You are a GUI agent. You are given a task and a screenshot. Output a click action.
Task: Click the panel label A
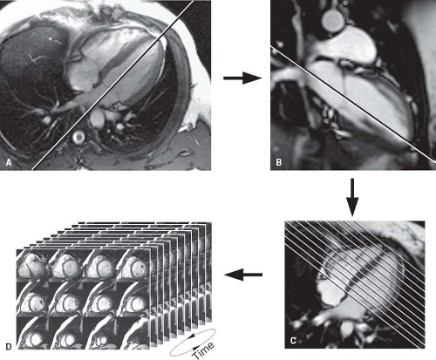pos(9,162)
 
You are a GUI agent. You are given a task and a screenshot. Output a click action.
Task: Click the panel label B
pos(278,162)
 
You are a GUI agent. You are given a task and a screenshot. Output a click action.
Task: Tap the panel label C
pos(293,340)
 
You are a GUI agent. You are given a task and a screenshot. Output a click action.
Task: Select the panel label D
pos(9,346)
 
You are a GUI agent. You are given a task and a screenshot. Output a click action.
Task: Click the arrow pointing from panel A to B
pos(242,78)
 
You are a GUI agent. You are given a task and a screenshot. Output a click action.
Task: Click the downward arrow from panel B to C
pos(352,197)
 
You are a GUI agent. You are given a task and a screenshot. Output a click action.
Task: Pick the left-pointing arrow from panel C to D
pos(243,275)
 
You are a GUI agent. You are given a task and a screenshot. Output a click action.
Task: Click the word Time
pos(204,350)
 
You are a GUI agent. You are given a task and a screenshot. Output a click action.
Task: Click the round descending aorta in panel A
pos(78,137)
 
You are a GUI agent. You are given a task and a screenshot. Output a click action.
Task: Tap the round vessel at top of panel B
pos(333,19)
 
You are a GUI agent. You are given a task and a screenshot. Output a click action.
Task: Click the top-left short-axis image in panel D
pos(32,267)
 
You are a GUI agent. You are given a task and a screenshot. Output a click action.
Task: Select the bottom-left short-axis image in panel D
pos(32,333)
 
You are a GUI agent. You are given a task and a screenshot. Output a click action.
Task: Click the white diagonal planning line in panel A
pos(112,85)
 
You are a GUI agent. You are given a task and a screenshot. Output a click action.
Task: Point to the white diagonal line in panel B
pos(353,104)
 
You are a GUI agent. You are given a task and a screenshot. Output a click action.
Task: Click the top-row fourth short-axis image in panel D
pos(133,267)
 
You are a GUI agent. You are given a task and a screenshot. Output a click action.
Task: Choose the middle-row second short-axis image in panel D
pos(66,300)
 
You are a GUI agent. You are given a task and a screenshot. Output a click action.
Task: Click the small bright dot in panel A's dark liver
pos(51,38)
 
